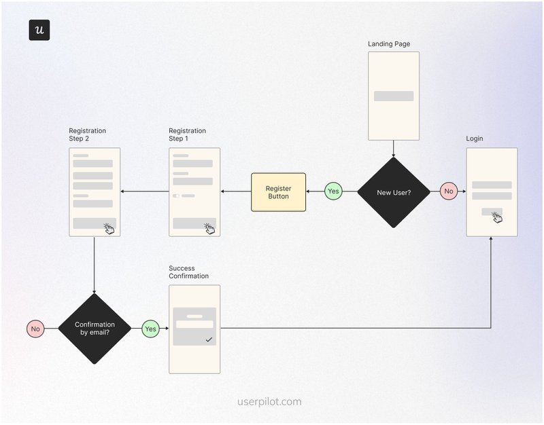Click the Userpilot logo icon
pyautogui.click(x=39, y=31)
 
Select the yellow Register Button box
pyautogui.click(x=278, y=191)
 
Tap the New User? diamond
pyautogui.click(x=394, y=192)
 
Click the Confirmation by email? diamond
pyautogui.click(x=95, y=329)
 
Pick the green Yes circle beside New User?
pyautogui.click(x=333, y=191)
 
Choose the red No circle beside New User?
pyautogui.click(x=449, y=191)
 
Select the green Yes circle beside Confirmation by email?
pyautogui.click(x=150, y=329)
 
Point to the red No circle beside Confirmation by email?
pyautogui.click(x=35, y=329)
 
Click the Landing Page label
pyautogui.click(x=389, y=44)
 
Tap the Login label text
pyautogui.click(x=475, y=138)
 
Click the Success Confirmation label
pyautogui.click(x=188, y=272)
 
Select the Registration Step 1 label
pyautogui.click(x=187, y=134)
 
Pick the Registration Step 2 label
pyautogui.click(x=87, y=134)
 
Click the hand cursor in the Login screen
pyautogui.click(x=497, y=217)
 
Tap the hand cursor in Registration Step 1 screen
pyautogui.click(x=209, y=229)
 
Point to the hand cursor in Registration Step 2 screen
pyautogui.click(x=109, y=229)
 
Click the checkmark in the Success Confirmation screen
pyautogui.click(x=209, y=339)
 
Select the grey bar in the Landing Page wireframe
pyautogui.click(x=394, y=96)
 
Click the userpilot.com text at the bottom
pyautogui.click(x=269, y=401)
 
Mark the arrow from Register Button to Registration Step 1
pyautogui.click(x=236, y=191)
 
